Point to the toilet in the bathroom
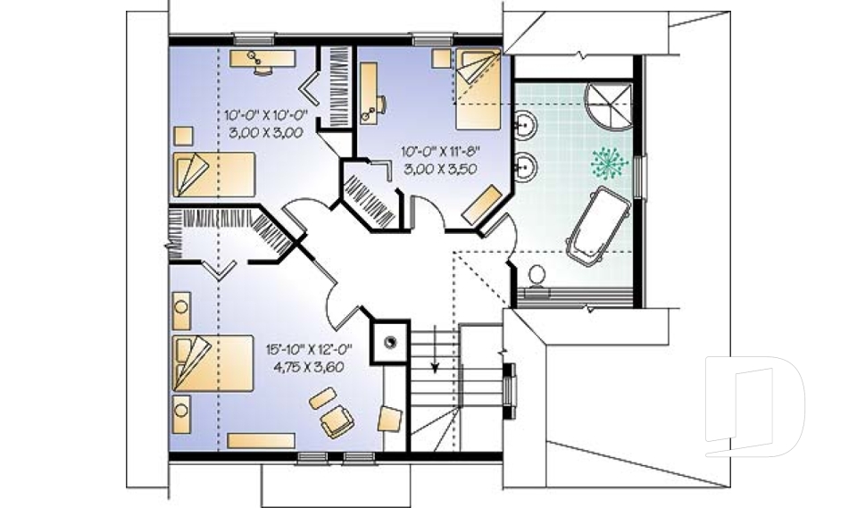[536, 276]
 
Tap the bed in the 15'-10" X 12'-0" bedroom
[213, 362]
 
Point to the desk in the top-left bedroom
[263, 59]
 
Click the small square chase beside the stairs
[389, 339]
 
